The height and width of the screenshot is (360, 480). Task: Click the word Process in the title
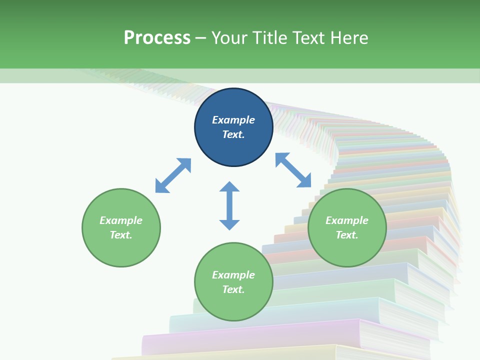click(157, 38)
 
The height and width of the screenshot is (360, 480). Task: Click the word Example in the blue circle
click(233, 120)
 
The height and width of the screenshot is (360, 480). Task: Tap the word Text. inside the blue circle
click(233, 134)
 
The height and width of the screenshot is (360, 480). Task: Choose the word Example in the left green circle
click(121, 220)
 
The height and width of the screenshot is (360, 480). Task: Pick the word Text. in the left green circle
click(121, 235)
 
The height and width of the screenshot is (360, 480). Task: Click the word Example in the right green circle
click(347, 220)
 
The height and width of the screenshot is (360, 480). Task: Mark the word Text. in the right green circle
click(347, 235)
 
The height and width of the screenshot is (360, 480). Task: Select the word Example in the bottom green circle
click(233, 275)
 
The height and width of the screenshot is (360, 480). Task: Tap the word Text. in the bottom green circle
click(233, 289)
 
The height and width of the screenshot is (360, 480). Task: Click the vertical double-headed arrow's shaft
click(229, 205)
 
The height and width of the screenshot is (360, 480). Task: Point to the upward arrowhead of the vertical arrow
click(229, 187)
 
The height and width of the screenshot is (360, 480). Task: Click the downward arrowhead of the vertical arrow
click(229, 224)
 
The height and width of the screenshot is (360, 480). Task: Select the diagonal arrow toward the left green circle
click(173, 175)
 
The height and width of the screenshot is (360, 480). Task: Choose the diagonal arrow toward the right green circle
click(293, 170)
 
